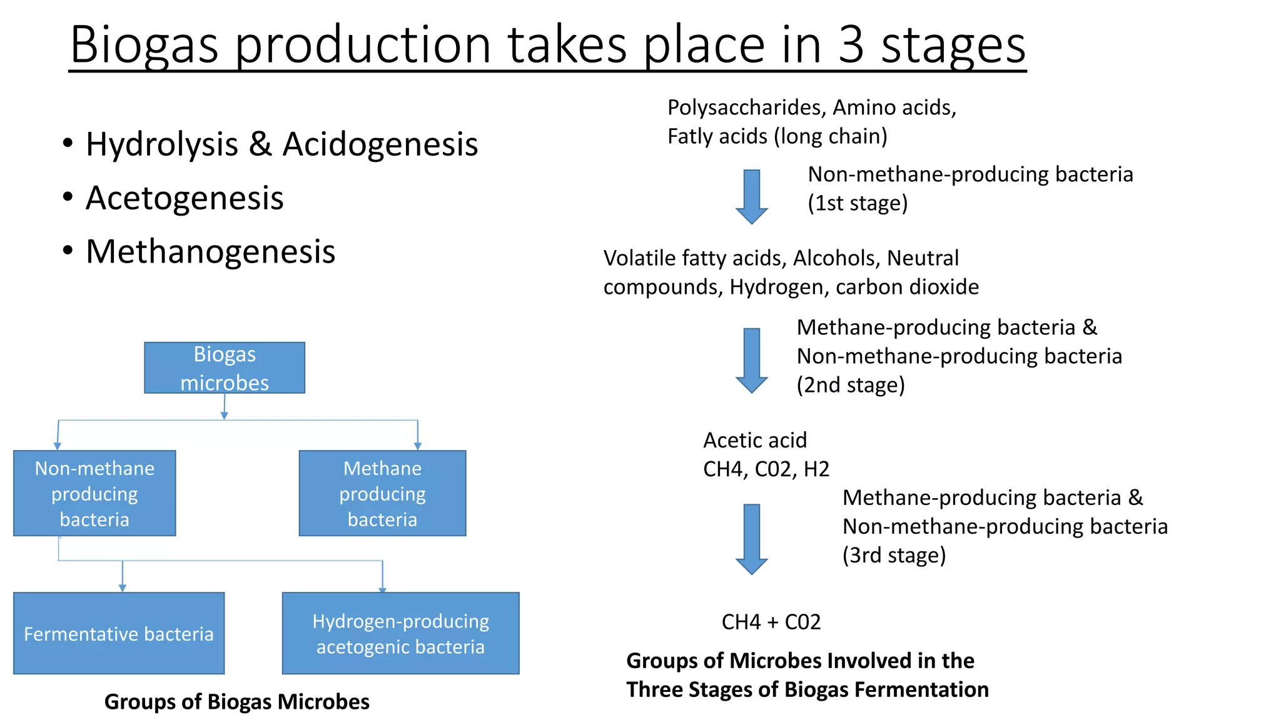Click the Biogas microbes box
coord(225,368)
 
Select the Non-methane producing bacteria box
coord(94,493)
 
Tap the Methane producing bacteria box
coord(382,493)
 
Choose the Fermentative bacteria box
coord(119,633)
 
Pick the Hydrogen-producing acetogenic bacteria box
coord(400,633)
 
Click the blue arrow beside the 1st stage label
coord(751,196)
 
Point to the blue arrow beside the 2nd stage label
coord(751,360)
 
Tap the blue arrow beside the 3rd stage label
coord(751,539)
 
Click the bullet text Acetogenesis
coord(185,198)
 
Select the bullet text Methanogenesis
coord(210,252)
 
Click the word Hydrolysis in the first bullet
coord(162,144)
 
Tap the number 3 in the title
coord(851,45)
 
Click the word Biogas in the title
coord(144,45)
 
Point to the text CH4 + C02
coord(771,622)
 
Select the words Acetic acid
coord(755,440)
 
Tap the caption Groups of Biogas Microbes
coord(236,701)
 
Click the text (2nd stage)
coord(851,385)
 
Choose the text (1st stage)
coord(858,203)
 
